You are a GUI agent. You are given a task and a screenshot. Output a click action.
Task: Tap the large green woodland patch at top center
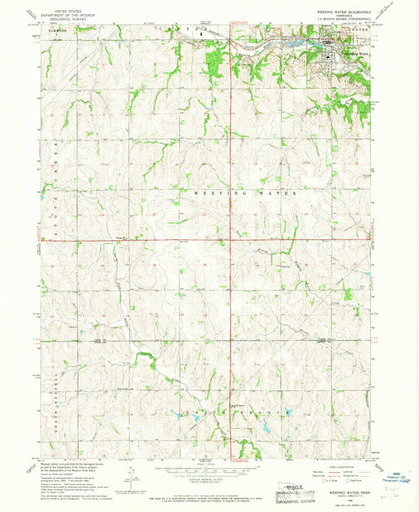pyautogui.click(x=212, y=56)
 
